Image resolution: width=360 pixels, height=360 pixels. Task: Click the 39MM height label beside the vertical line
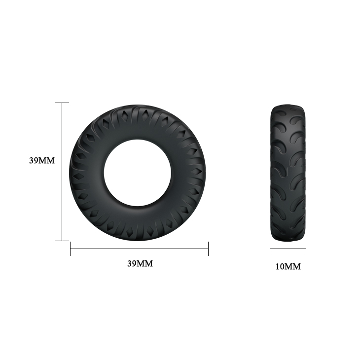coord(41,160)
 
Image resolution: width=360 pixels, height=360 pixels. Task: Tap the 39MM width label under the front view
coord(140,263)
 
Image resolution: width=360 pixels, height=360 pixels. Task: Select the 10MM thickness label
coord(288,267)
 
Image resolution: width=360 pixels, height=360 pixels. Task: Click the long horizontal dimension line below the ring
coord(139,249)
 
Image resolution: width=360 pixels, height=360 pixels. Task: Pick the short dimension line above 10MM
coord(288,249)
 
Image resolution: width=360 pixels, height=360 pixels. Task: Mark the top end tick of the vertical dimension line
coord(62,103)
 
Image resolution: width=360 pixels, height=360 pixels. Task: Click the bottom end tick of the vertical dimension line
coord(62,241)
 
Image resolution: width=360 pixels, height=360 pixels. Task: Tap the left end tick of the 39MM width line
coord(71,249)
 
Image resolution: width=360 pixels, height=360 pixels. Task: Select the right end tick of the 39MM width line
coord(208,249)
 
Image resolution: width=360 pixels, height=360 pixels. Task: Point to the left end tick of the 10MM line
coord(270,249)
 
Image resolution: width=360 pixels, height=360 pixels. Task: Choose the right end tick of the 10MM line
coord(306,249)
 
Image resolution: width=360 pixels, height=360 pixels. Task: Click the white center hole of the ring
coord(138,173)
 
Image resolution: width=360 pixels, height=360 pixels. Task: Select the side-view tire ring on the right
coord(288,173)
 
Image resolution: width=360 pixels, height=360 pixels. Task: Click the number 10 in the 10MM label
coord(280,267)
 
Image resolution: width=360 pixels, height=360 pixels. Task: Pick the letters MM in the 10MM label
coord(293,267)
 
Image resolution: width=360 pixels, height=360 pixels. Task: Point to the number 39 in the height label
coord(34,160)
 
